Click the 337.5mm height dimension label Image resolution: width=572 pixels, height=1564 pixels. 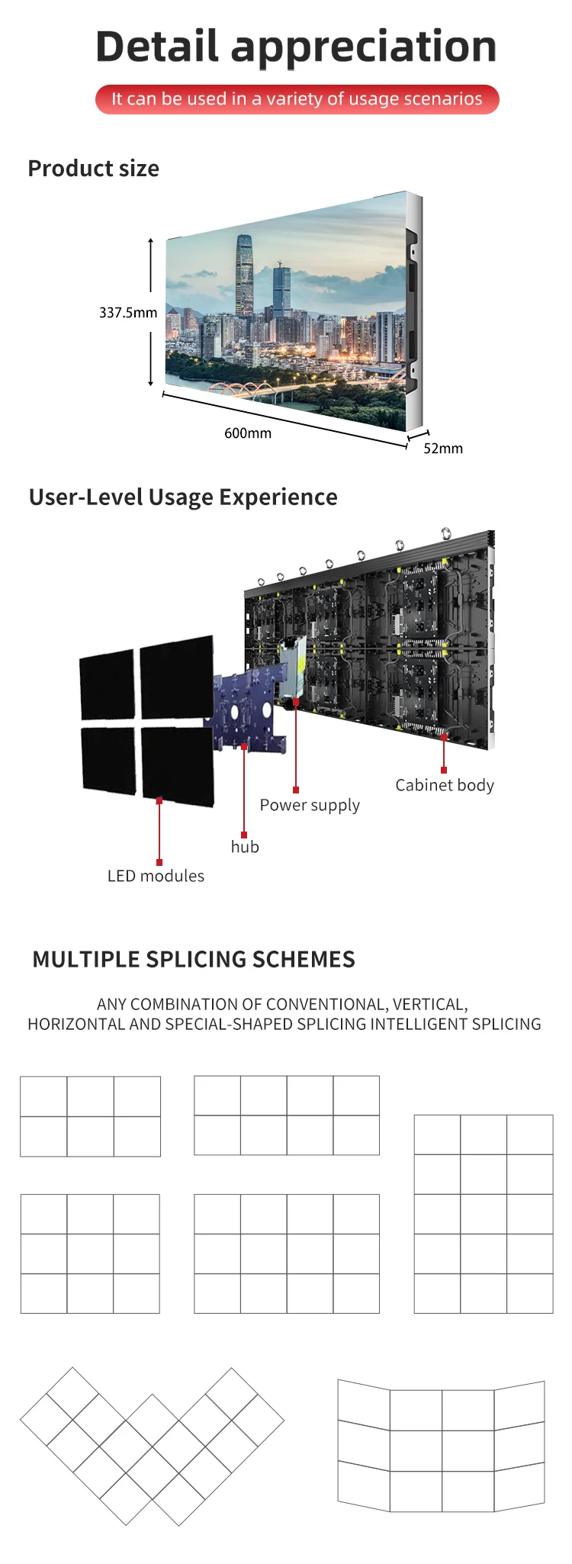128,313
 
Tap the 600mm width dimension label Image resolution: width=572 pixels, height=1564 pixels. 248,433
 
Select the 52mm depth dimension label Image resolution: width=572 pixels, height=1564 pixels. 443,449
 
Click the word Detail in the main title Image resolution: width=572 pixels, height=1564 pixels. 157,47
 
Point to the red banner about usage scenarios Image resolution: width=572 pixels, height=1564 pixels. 297,99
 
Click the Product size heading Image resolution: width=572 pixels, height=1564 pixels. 93,169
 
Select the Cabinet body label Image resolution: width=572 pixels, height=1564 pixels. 445,785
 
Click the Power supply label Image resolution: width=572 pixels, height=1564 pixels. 310,805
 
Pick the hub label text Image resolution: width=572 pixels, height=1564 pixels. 245,847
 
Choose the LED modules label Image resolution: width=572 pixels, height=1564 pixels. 156,876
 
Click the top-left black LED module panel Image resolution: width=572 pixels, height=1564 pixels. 108,684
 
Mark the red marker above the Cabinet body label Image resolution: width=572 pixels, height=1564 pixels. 444,770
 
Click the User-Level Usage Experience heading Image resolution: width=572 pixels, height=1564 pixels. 183,497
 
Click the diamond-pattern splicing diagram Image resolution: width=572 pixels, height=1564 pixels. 152,1446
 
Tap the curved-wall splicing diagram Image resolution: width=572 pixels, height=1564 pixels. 442,1446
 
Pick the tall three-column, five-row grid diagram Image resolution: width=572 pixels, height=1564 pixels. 484,1214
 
